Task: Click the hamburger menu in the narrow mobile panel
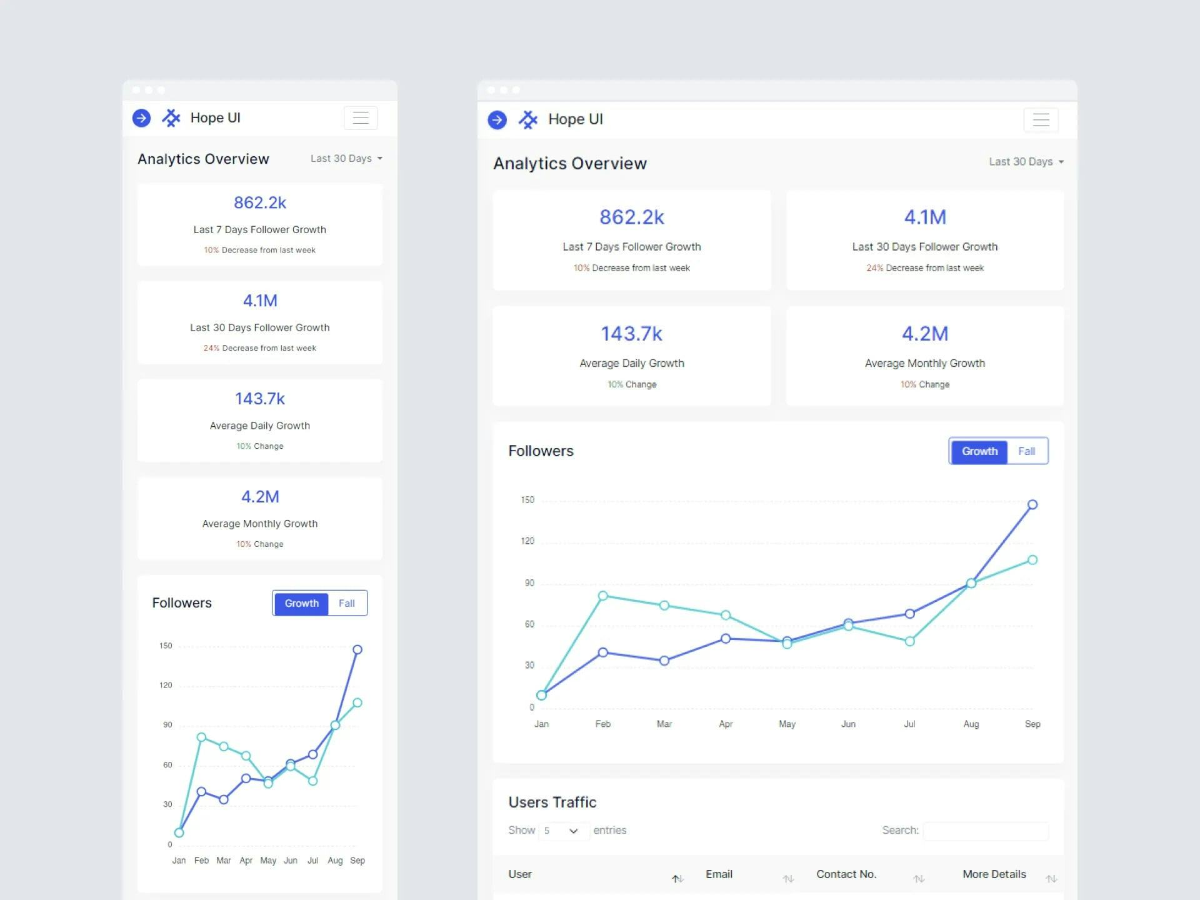coord(361,118)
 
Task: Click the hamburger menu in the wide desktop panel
coord(1041,120)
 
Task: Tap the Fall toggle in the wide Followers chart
coord(1026,451)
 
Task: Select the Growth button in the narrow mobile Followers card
coord(301,603)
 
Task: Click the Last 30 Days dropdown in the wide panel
coord(1026,162)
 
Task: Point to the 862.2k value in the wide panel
coord(631,217)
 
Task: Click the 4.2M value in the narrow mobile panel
coord(260,497)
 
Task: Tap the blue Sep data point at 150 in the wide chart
coord(1032,504)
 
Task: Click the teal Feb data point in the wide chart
coord(602,596)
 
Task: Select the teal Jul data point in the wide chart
coord(910,641)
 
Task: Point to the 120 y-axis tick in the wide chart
coord(527,541)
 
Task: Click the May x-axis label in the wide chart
coord(787,724)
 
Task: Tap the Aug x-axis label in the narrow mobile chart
coord(335,861)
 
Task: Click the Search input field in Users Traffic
coord(986,831)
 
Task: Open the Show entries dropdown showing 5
coord(563,831)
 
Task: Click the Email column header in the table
coord(719,874)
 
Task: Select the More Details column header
coord(994,874)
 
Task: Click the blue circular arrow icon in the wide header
coord(497,120)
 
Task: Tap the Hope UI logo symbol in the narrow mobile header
coord(171,118)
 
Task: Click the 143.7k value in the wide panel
coord(631,334)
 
